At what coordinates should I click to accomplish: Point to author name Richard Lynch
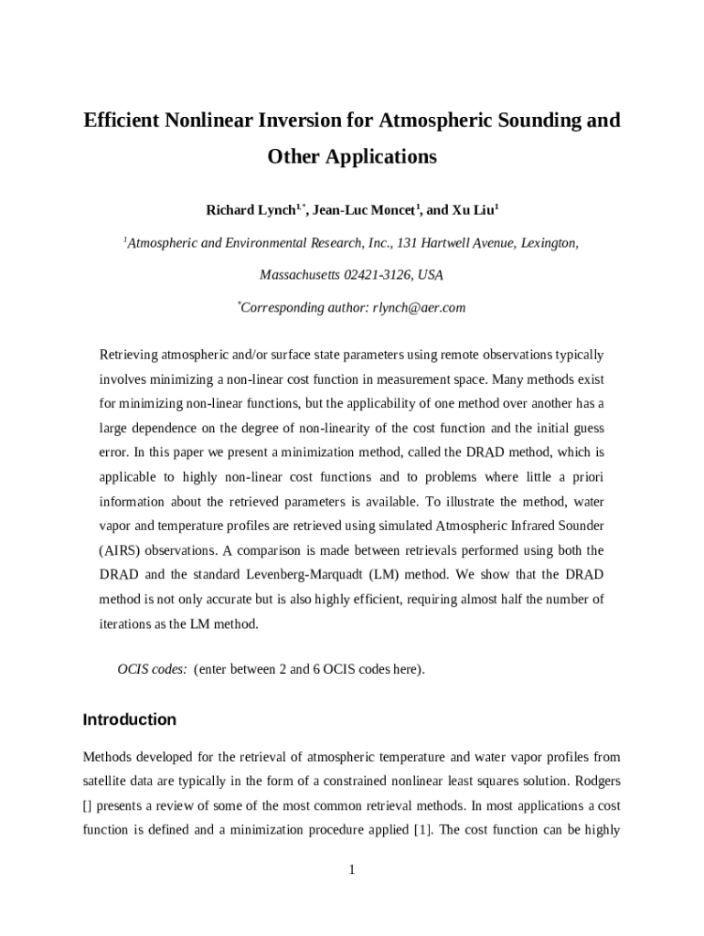coord(250,211)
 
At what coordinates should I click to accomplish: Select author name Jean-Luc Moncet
coord(363,211)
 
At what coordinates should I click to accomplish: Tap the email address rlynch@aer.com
coord(419,308)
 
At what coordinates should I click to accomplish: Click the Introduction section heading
coord(129,719)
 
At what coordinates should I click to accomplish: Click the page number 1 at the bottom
coord(351,869)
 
